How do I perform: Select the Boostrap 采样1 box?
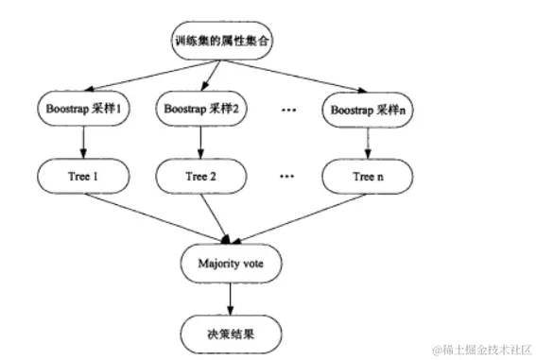[85, 109]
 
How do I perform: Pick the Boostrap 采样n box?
[367, 109]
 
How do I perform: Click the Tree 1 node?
[85, 177]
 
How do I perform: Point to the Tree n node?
[367, 177]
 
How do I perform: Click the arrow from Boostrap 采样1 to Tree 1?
[85, 142]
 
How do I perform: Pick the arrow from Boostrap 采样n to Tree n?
[367, 142]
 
